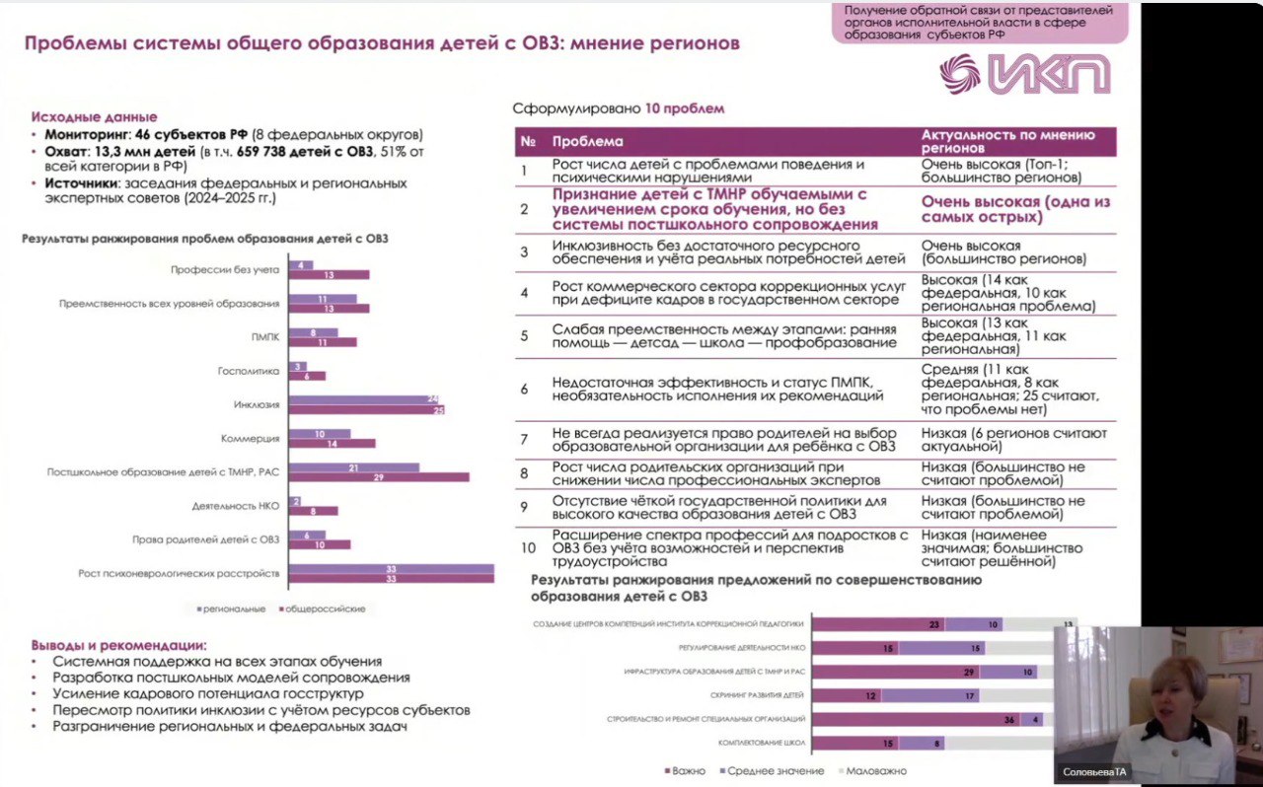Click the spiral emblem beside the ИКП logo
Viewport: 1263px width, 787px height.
[960, 75]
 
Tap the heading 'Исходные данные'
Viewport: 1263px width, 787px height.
[94, 116]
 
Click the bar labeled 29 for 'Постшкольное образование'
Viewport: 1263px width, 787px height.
[379, 477]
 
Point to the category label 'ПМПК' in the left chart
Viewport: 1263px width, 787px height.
[265, 336]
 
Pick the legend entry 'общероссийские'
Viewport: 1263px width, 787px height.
[325, 608]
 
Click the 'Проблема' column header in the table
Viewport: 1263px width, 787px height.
[587, 141]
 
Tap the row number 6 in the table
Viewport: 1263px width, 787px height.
[525, 389]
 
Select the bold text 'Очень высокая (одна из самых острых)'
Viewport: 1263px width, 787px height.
[1015, 209]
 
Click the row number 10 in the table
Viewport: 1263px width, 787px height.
[528, 547]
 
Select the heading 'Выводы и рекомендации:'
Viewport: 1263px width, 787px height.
[118, 644]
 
